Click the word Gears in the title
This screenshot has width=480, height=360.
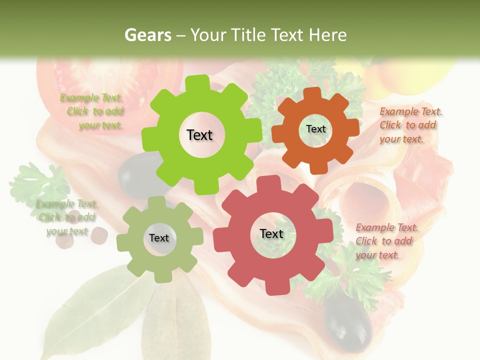[147, 35]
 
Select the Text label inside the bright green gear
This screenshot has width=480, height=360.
[199, 135]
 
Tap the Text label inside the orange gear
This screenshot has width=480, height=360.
[315, 129]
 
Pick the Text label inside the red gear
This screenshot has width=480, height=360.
[271, 234]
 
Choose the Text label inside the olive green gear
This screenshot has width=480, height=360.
[159, 238]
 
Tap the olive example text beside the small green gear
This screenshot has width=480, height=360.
[67, 217]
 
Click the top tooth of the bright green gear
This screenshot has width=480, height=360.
[200, 82]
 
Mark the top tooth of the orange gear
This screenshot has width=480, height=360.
[312, 93]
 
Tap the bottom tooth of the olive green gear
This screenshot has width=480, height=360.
[160, 276]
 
